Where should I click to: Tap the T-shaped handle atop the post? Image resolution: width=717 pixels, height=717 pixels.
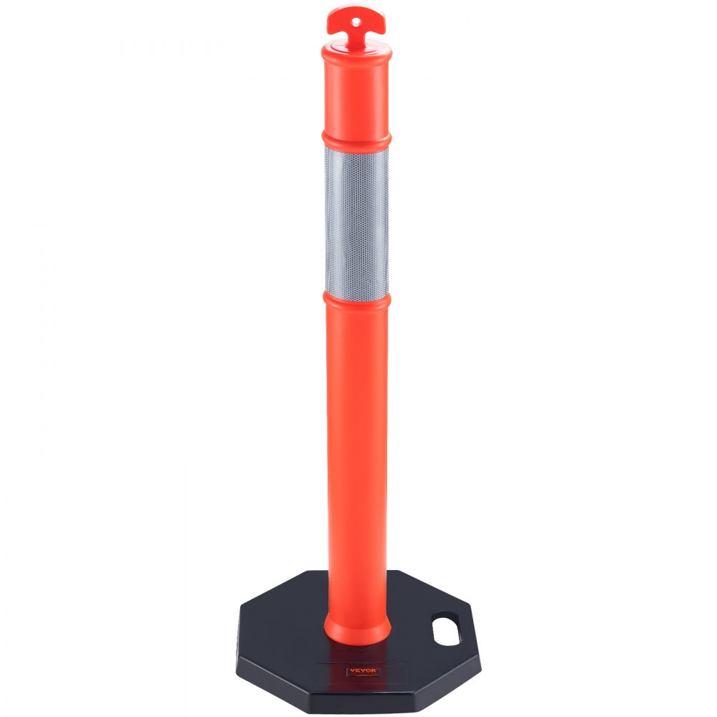pos(356,19)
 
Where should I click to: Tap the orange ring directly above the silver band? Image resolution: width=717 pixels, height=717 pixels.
pos(356,138)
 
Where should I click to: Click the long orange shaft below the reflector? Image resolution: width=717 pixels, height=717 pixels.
pos(356,445)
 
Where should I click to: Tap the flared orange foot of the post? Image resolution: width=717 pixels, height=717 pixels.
pos(357,627)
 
